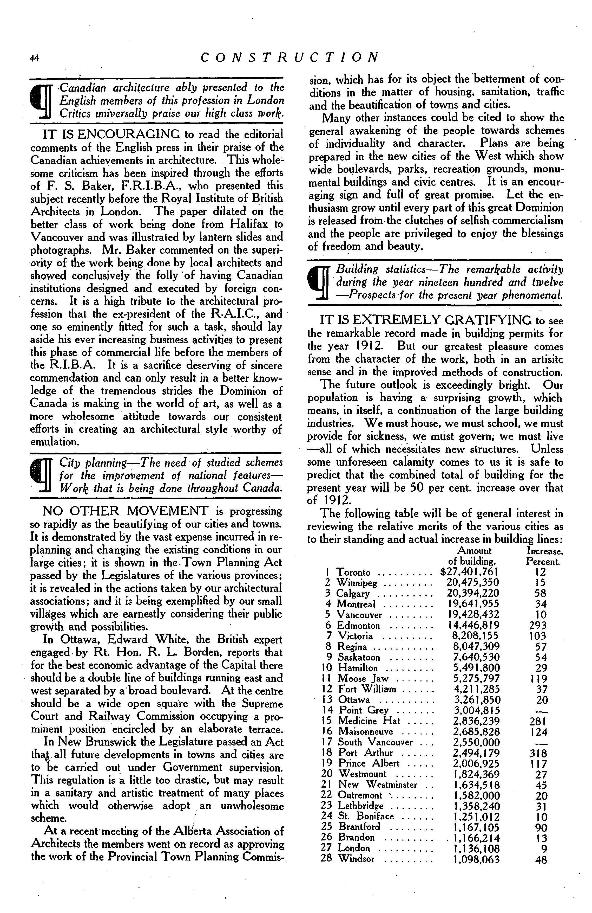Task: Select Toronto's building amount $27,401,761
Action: point(470,572)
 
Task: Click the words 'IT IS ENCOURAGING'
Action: point(111,134)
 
